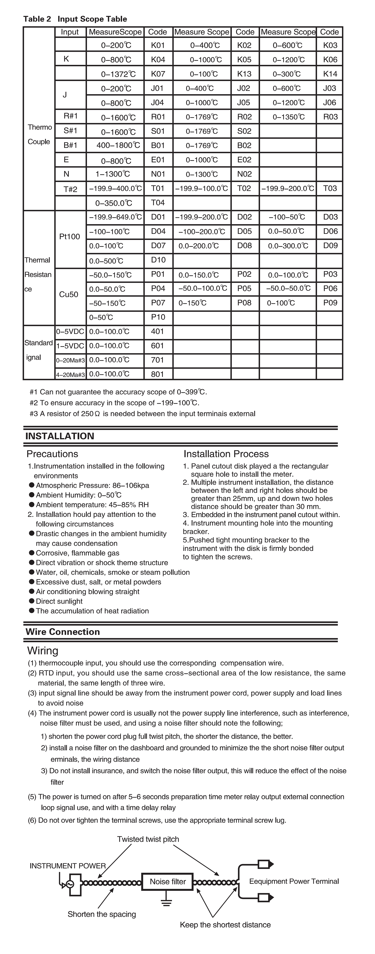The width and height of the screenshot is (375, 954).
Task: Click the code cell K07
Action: (x=158, y=74)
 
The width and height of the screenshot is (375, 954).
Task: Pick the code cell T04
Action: (x=158, y=202)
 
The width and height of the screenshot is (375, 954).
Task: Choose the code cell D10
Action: (x=158, y=260)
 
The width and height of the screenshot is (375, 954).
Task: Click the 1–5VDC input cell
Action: (x=70, y=346)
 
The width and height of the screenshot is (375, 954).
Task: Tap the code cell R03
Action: (x=330, y=117)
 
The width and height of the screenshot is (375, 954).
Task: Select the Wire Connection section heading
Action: (x=63, y=632)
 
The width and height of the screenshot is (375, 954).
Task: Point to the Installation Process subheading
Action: (x=226, y=454)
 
